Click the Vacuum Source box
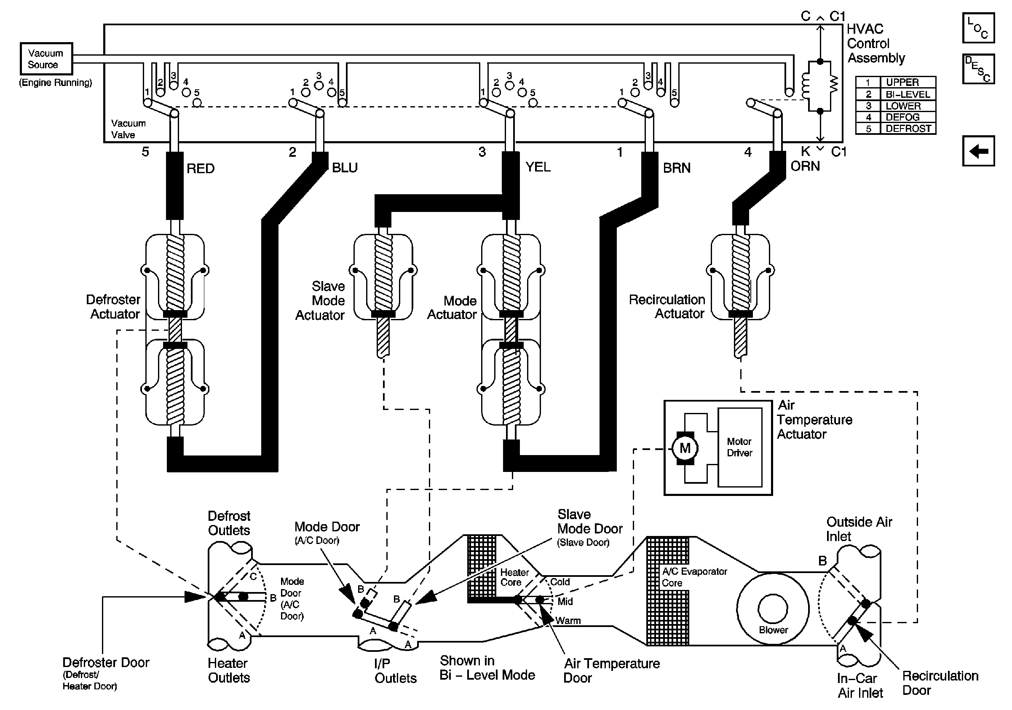pos(46,59)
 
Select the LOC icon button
pos(978,28)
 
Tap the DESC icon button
pos(978,69)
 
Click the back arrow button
pos(978,151)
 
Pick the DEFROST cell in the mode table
pos(908,129)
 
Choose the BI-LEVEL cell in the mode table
pos(908,94)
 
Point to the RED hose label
pos(201,169)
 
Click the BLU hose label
pos(345,167)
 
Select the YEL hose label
pos(538,167)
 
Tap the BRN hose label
pos(677,168)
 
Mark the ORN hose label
pos(805,166)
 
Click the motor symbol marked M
pos(685,448)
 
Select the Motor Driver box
pos(739,447)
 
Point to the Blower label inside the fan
pos(773,630)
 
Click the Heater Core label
pos(514,577)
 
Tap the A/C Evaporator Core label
pos(694,577)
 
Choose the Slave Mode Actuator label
pos(321,300)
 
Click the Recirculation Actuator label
pos(667,306)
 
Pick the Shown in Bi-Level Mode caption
pos(487,668)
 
